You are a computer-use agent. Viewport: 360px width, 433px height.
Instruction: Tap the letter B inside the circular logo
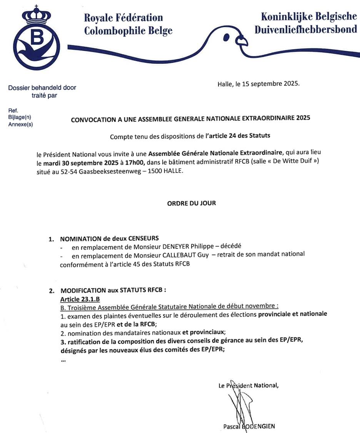pos(37,38)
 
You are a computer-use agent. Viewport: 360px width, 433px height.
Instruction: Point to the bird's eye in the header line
pos(227,38)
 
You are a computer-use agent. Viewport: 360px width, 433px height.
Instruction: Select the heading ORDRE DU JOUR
pos(192,203)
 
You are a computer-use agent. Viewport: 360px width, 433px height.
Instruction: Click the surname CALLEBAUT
pos(170,254)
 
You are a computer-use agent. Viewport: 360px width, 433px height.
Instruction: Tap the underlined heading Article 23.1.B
pos(80,299)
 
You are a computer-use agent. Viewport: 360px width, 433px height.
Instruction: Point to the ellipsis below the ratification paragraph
pos(63,360)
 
